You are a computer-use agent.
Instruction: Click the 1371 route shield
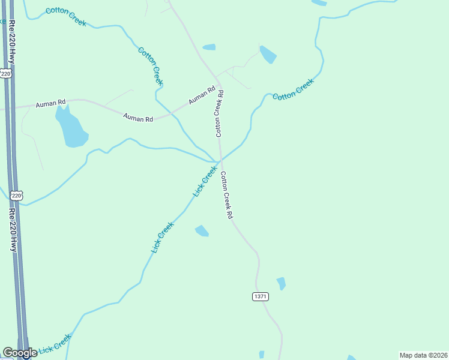coord(260,296)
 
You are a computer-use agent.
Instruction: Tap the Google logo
coord(20,353)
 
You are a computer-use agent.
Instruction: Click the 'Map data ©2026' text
coord(423,355)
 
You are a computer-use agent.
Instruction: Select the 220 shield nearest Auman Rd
coord(6,73)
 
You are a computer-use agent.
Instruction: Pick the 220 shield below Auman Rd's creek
coord(17,196)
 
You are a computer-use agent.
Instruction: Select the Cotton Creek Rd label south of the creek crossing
coord(226,195)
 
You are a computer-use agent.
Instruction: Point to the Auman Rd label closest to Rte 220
coord(50,104)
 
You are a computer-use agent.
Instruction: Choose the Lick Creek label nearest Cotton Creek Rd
coord(205,182)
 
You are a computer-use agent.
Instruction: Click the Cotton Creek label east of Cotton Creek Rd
coord(294,89)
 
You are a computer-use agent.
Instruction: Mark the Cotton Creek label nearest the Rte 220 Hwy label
coord(66,17)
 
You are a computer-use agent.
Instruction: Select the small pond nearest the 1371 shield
coord(281,283)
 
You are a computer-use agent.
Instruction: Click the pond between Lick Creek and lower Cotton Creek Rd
coord(202,230)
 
